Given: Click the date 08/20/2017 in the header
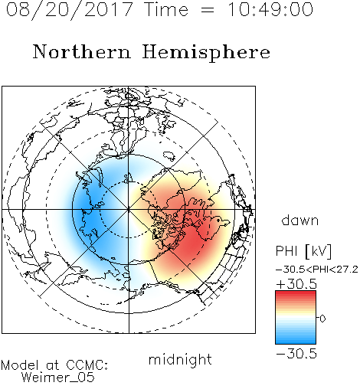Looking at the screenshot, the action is (70, 10).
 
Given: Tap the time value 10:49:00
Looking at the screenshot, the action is (270, 10).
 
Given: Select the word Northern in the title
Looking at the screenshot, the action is (82, 51).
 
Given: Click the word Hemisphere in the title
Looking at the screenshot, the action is (206, 52).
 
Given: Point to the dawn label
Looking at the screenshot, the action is (300, 220).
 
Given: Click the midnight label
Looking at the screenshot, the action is (180, 359).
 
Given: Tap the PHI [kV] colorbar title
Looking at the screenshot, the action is (303, 251).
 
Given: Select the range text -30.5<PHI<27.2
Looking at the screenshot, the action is (317, 270).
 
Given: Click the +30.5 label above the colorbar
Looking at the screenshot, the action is (296, 284).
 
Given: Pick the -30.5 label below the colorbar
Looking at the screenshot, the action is (296, 354).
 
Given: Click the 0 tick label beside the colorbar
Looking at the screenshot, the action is (322, 319).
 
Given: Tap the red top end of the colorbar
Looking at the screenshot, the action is (296, 293).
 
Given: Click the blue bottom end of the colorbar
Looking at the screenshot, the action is (296, 342).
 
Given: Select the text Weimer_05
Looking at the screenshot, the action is (58, 378).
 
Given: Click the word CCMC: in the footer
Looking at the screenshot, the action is (87, 365).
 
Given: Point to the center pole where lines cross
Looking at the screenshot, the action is (129, 209).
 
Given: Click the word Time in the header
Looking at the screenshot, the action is (166, 10).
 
